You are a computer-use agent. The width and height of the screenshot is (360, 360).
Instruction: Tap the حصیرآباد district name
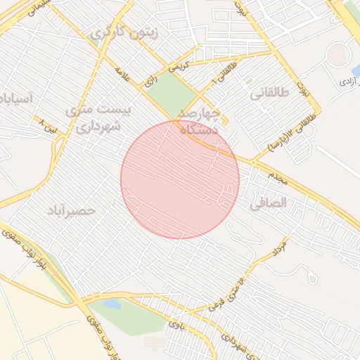[x=71, y=210]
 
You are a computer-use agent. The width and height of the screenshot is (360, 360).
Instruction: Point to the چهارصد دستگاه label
[x=200, y=120]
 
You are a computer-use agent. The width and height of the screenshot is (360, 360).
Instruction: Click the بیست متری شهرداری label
[x=94, y=118]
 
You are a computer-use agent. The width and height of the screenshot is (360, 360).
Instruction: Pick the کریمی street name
[x=179, y=67]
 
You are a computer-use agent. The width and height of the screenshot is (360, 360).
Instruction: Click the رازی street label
[x=150, y=81]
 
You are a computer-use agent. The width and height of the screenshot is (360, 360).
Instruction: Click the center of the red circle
[x=180, y=179]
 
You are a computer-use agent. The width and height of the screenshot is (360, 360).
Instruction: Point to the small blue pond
[x=112, y=304]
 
